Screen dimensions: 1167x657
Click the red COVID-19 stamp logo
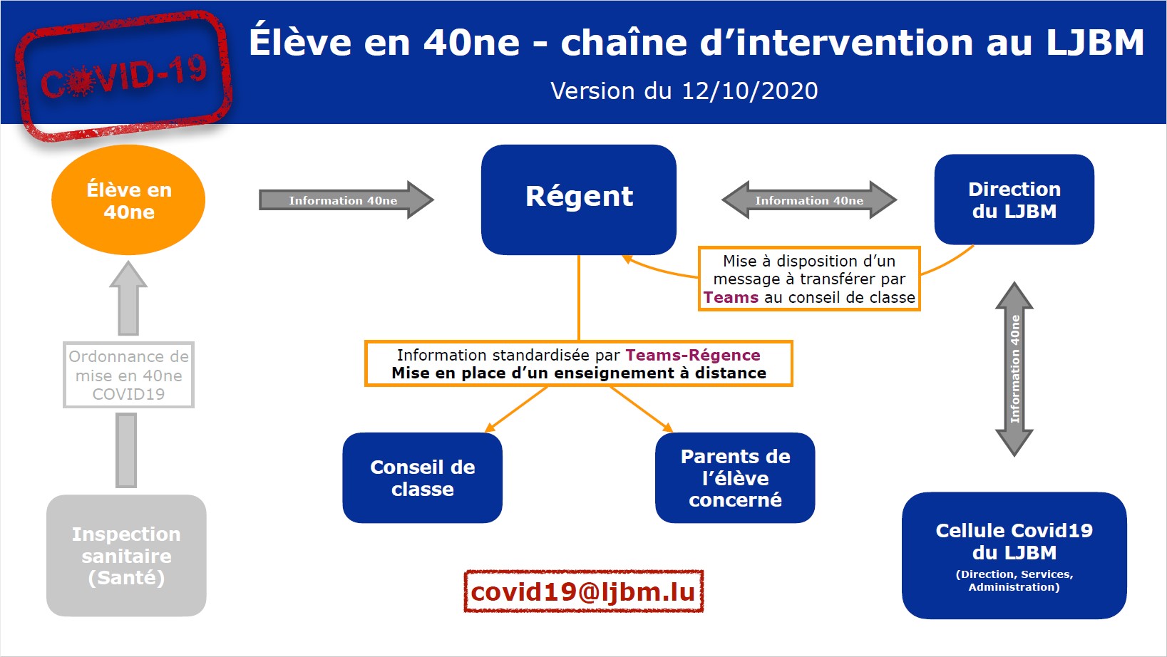pyautogui.click(x=123, y=76)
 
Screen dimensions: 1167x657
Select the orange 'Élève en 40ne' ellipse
pyautogui.click(x=128, y=200)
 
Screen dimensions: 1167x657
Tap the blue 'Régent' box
pyautogui.click(x=579, y=200)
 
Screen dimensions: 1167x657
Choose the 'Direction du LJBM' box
pyautogui.click(x=1014, y=200)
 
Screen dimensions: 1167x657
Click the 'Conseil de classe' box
pyautogui.click(x=423, y=478)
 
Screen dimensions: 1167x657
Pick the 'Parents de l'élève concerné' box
pyautogui.click(x=735, y=478)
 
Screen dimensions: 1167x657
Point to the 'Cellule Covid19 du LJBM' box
pyautogui.click(x=1014, y=556)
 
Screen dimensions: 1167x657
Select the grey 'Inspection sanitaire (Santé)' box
pyautogui.click(x=126, y=556)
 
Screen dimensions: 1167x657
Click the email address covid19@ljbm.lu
pyautogui.click(x=583, y=591)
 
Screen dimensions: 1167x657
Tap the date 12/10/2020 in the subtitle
pyautogui.click(x=750, y=91)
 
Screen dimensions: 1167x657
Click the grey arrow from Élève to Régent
pyautogui.click(x=346, y=200)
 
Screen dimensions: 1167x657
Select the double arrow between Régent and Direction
pyautogui.click(x=809, y=200)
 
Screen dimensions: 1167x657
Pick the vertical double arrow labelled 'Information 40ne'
pyautogui.click(x=1014, y=369)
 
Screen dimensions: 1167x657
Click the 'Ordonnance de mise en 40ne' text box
pyautogui.click(x=129, y=375)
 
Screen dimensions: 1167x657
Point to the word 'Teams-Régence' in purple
pyautogui.click(x=693, y=355)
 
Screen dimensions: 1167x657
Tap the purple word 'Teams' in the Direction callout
pyautogui.click(x=731, y=297)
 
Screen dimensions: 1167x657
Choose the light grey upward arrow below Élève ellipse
pyautogui.click(x=128, y=298)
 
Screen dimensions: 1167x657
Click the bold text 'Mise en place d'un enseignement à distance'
pyautogui.click(x=579, y=373)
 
